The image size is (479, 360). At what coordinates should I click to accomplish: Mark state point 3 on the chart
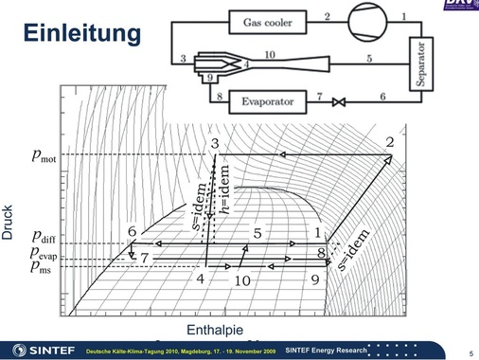tap(217, 143)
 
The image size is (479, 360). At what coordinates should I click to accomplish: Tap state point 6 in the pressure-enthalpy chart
tap(133, 232)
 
